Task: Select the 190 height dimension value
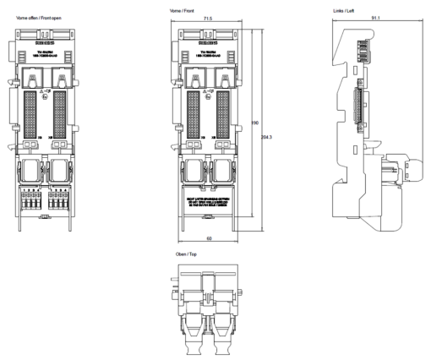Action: pyautogui.click(x=255, y=123)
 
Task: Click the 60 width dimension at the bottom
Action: pyautogui.click(x=208, y=240)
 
